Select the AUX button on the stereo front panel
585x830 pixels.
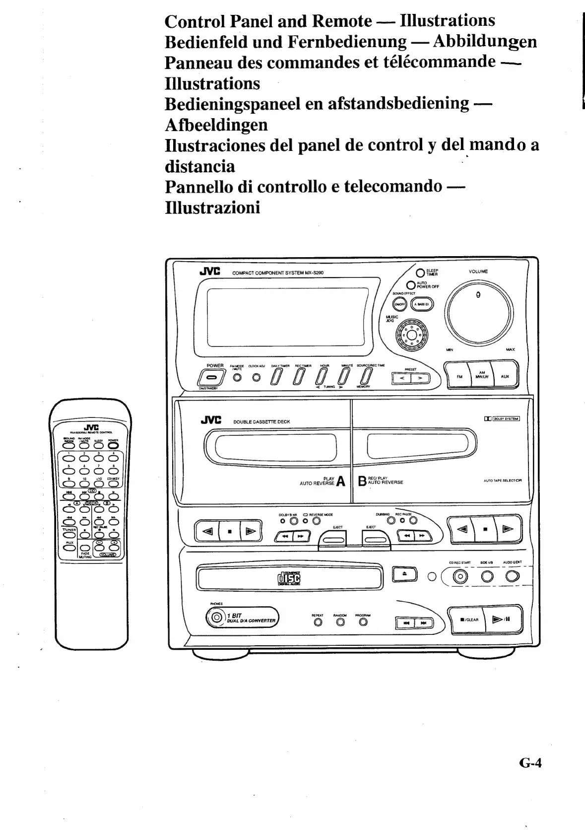point(505,376)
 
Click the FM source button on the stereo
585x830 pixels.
point(459,376)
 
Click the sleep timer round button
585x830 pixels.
point(420,273)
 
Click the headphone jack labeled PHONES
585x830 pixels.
point(216,618)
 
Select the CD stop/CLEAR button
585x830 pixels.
point(468,619)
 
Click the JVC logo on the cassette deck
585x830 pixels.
point(210,420)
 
